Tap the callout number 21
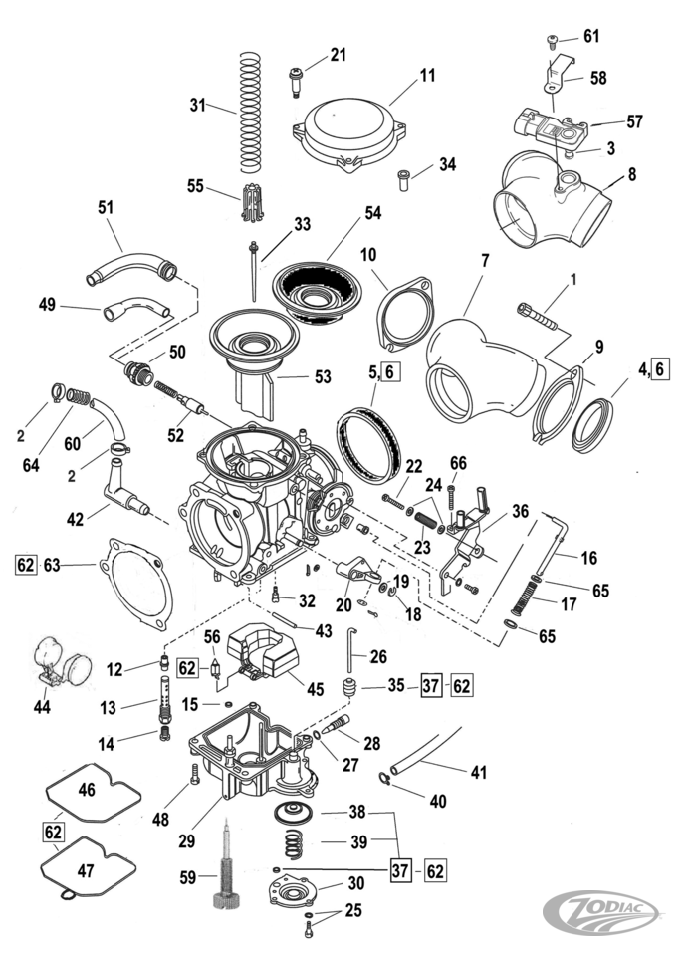tap(338, 55)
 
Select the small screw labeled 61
tap(554, 40)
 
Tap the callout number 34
tap(448, 165)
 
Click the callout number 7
tap(484, 262)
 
